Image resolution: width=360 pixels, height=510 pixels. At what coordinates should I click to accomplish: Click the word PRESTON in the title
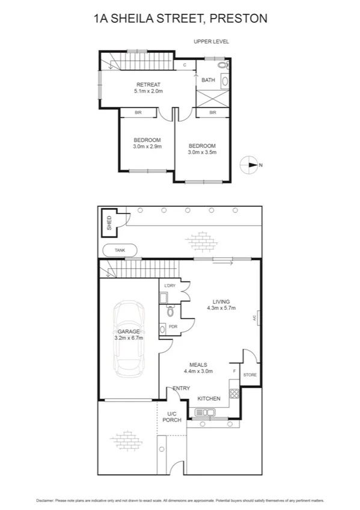[x=238, y=19]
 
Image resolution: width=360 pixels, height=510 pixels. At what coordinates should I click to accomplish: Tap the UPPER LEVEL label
[x=211, y=41]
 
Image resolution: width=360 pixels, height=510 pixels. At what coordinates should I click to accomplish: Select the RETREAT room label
[x=148, y=84]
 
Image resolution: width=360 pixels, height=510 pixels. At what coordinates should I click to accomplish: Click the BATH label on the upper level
[x=208, y=80]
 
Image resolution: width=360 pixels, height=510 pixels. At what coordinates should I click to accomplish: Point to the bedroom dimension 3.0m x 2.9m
[x=147, y=146]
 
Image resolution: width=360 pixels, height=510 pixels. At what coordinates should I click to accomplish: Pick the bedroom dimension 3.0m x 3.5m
[x=202, y=152]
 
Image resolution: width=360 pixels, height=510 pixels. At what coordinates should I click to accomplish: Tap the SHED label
[x=109, y=223]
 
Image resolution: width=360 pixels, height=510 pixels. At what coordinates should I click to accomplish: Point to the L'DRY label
[x=169, y=285]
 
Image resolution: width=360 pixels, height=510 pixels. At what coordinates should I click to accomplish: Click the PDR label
[x=172, y=327]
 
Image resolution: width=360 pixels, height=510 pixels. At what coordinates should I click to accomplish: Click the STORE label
[x=249, y=375]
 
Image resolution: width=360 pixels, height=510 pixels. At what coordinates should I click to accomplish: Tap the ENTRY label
[x=181, y=389]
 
